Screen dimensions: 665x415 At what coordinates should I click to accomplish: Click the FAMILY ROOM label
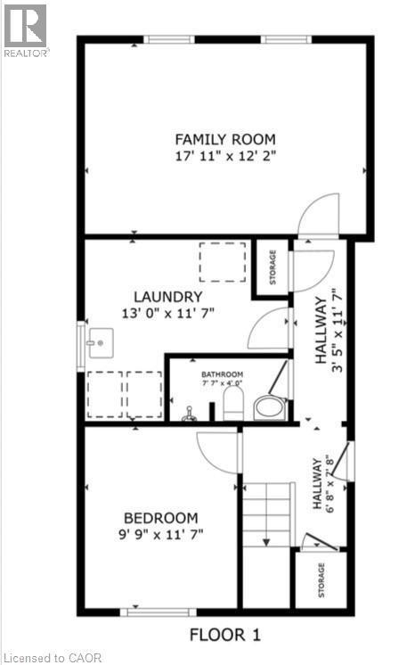click(x=224, y=139)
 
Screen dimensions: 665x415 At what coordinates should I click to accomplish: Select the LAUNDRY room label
click(x=168, y=297)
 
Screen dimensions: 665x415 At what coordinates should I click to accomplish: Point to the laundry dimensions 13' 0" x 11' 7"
click(x=168, y=313)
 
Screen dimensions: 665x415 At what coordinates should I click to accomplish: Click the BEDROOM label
click(x=161, y=518)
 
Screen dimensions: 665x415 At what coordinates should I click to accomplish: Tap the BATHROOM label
click(x=221, y=375)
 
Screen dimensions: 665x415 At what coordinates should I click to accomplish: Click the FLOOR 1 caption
click(x=225, y=636)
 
